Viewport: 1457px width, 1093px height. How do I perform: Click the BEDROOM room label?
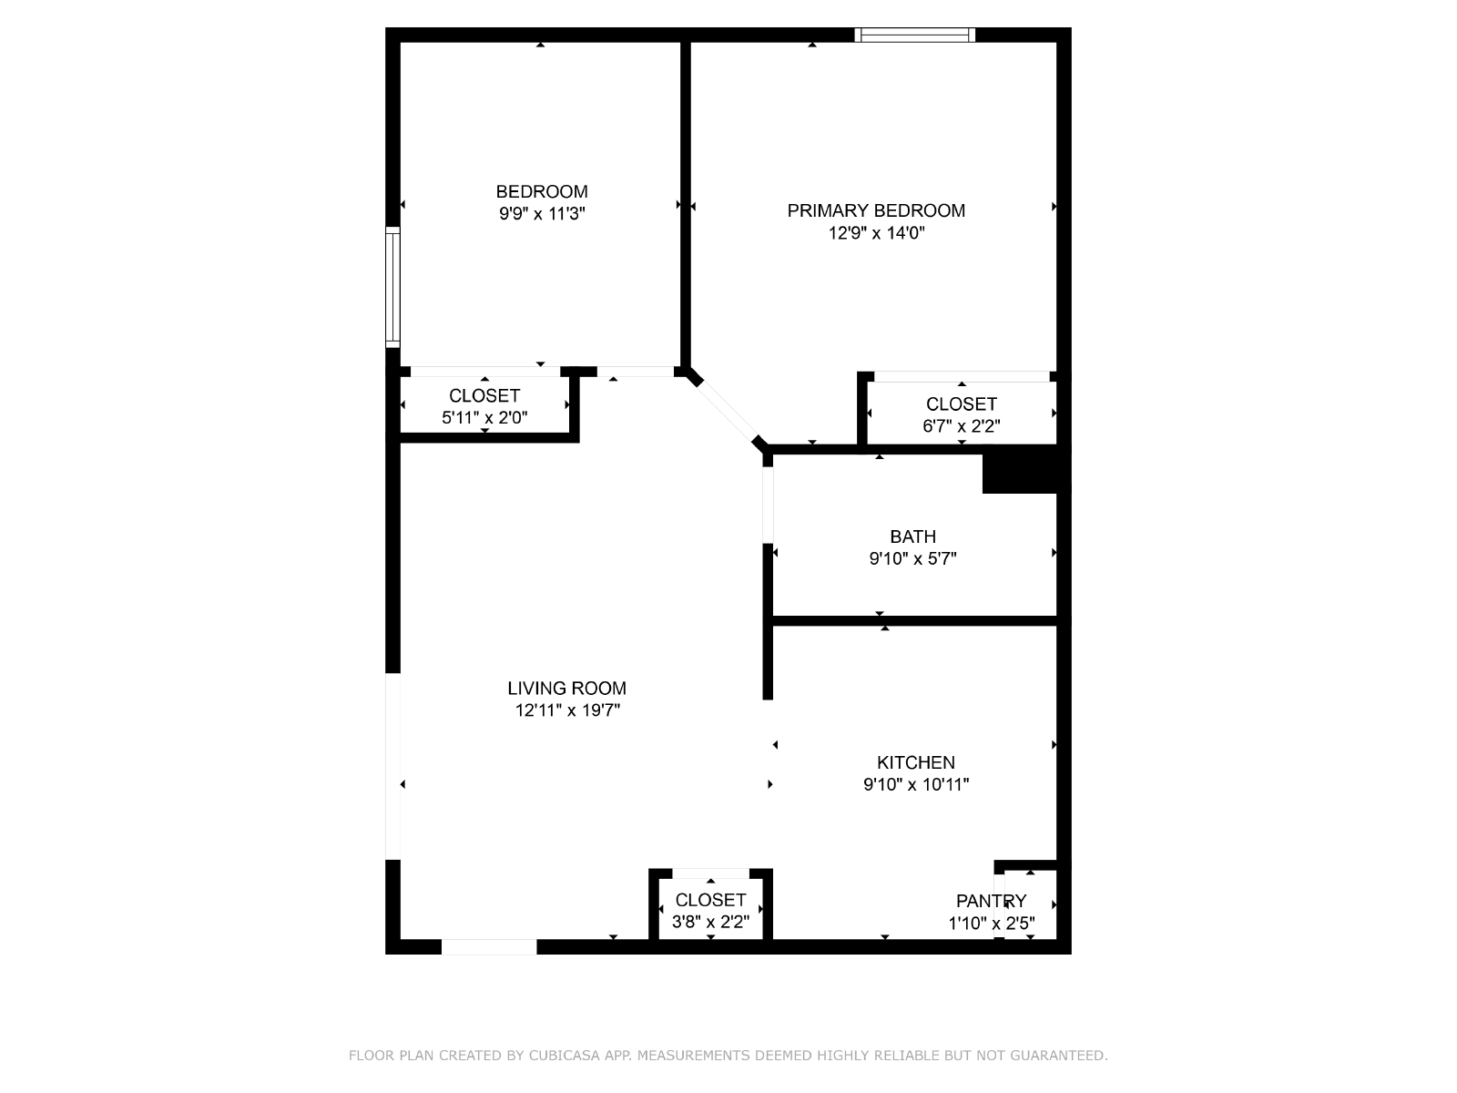[542, 192]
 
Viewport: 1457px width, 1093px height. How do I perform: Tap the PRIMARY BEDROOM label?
[876, 211]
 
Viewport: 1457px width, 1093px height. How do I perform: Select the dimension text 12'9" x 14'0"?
[876, 233]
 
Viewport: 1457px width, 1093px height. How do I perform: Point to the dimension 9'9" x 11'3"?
[542, 214]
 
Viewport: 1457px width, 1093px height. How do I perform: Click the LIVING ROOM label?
[567, 689]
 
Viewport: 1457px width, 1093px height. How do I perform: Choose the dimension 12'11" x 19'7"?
[567, 710]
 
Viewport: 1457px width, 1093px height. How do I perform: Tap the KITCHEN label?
[916, 762]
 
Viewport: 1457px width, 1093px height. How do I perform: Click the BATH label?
[913, 536]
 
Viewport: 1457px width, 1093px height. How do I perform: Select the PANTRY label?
[991, 901]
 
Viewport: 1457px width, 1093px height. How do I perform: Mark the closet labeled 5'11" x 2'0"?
[484, 406]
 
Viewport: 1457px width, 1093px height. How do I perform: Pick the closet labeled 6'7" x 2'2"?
[961, 414]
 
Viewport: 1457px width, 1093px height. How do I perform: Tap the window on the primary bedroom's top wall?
[914, 36]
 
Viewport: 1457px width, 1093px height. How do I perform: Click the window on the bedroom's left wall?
[393, 287]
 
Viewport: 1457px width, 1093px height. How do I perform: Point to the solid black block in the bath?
[1020, 474]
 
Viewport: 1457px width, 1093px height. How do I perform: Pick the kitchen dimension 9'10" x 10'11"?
[916, 784]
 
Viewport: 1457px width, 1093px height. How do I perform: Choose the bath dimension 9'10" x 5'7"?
[913, 558]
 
